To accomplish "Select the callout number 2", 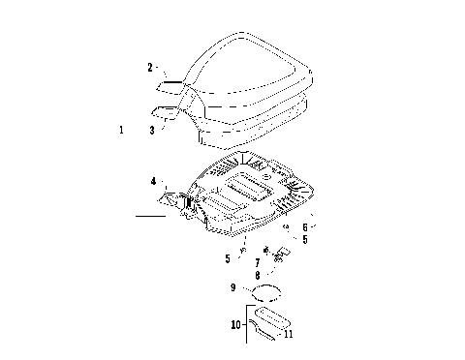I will click(x=150, y=67).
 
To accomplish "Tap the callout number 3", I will click(x=151, y=129).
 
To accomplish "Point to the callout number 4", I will click(x=153, y=181).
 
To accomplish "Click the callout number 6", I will click(x=304, y=227).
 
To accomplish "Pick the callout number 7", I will click(x=257, y=262).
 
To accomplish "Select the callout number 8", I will click(x=257, y=275).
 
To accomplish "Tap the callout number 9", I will click(x=232, y=287).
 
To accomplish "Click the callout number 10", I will click(x=235, y=325).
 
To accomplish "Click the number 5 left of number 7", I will click(x=228, y=258).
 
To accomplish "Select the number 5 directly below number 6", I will click(x=304, y=240).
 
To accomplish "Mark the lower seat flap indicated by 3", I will click(x=172, y=111).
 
